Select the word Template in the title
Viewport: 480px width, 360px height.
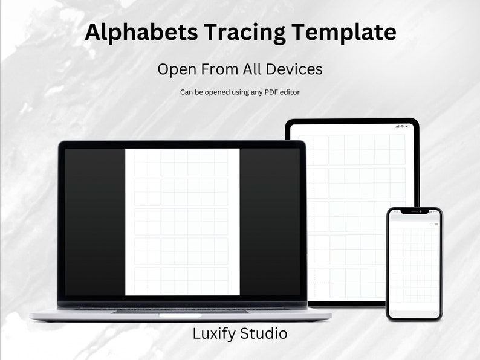point(344,32)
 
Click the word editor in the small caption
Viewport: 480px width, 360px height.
point(288,92)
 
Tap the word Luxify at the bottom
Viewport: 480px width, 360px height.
point(215,333)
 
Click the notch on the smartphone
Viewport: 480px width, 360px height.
point(414,211)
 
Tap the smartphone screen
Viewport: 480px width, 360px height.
point(414,266)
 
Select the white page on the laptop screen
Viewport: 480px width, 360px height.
point(182,222)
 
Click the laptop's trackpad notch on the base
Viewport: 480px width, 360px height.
point(180,315)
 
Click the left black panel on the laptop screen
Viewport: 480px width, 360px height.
point(95,222)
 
